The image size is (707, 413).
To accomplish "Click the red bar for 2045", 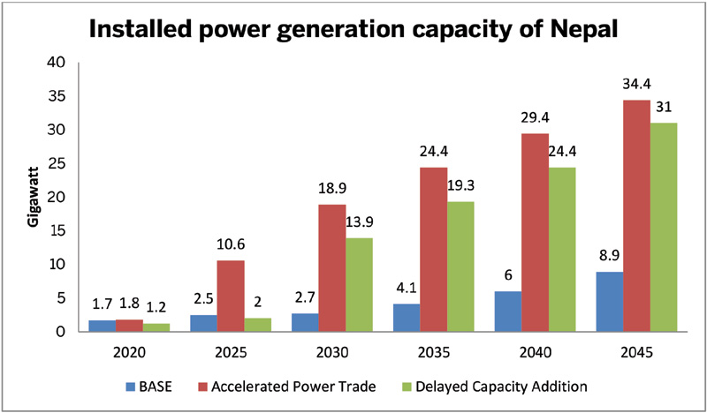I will click(x=636, y=216).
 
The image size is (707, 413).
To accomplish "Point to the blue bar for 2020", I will click(x=102, y=326).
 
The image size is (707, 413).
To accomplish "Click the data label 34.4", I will click(x=637, y=85).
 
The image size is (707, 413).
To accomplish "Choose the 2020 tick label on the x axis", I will click(x=131, y=353).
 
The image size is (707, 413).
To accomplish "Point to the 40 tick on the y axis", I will click(x=57, y=63).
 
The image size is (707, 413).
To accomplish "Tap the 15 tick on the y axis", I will click(x=57, y=231).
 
